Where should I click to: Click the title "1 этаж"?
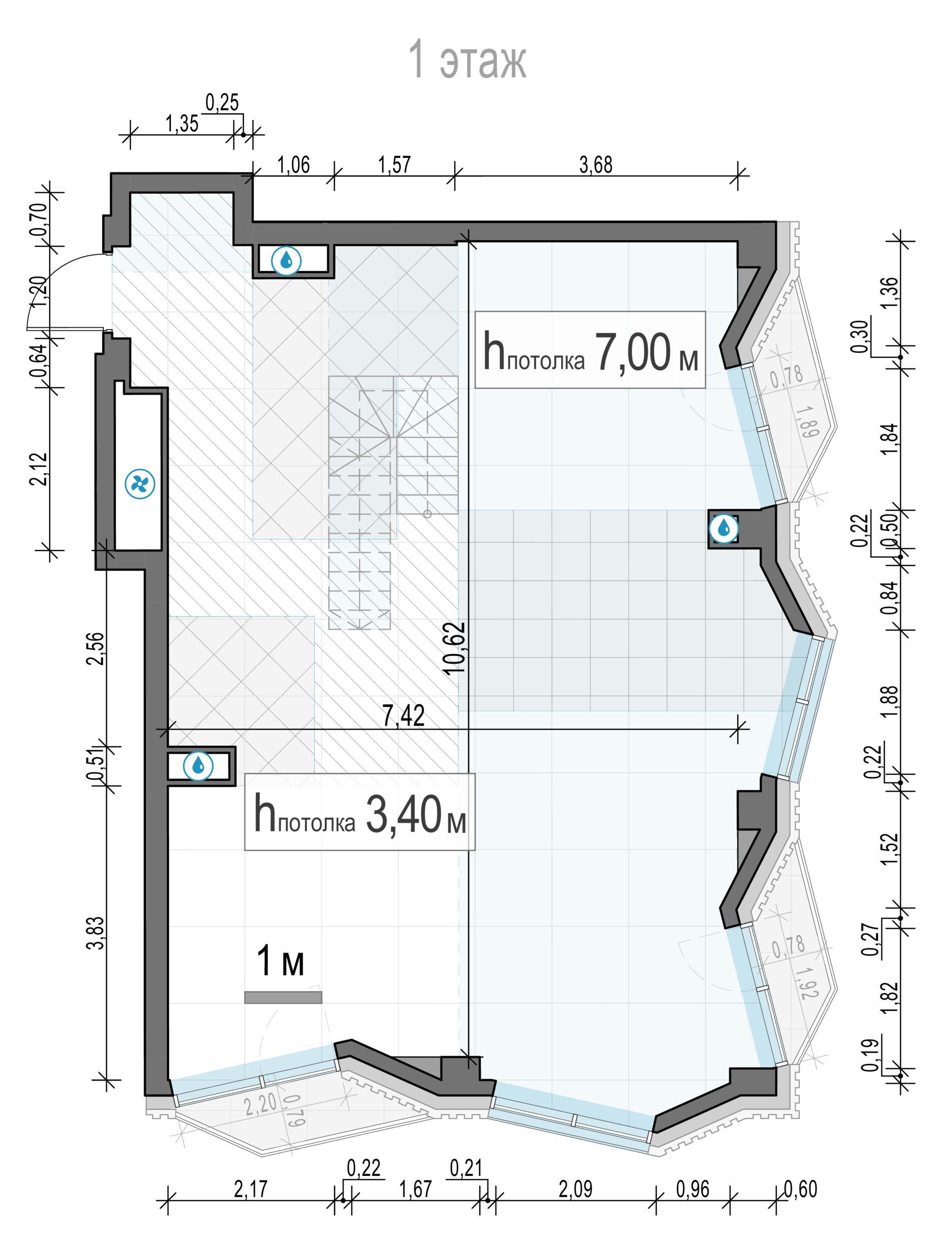[x=467, y=59]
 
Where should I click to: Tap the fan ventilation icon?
[x=140, y=484]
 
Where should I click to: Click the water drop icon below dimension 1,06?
[x=286, y=260]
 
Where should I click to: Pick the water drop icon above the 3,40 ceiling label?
[x=198, y=766]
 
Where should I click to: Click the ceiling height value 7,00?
[x=633, y=353]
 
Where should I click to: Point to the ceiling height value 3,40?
[x=403, y=814]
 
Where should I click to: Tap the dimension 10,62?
[x=454, y=648]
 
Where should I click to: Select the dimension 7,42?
[x=403, y=717]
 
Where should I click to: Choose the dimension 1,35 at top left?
[x=182, y=124]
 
